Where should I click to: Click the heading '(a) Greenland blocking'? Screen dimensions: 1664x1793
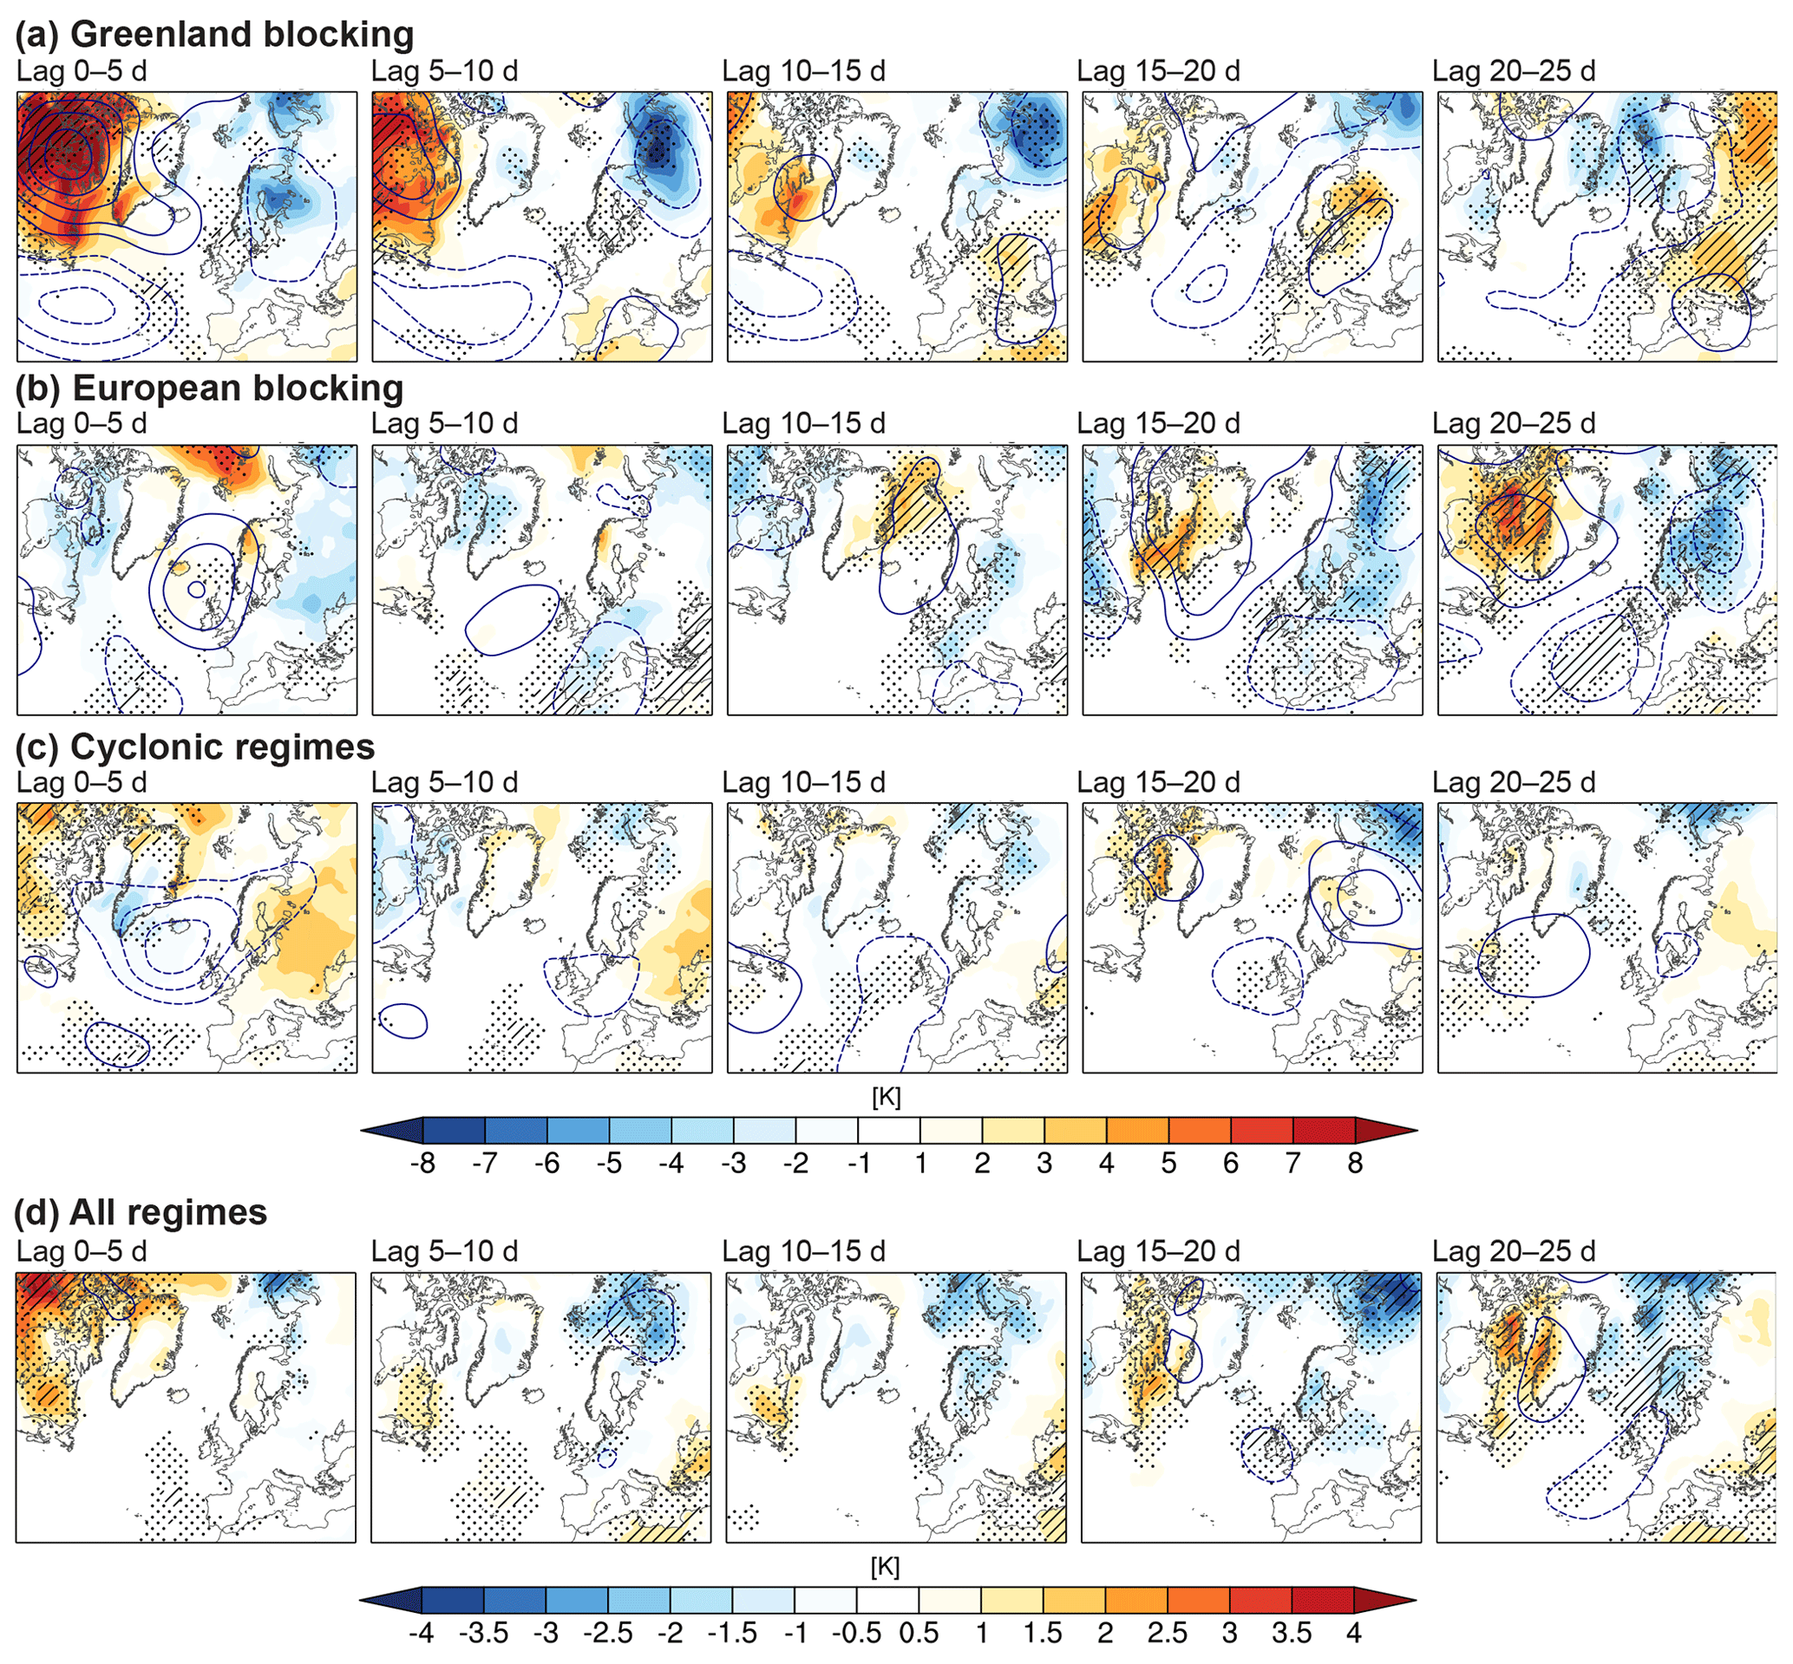pos(214,34)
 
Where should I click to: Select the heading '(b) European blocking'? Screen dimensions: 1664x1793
pos(210,388)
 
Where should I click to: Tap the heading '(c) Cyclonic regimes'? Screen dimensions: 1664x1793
pos(195,747)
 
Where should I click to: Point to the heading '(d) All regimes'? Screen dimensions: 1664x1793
pos(141,1212)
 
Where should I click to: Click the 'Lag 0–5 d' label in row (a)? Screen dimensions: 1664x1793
pos(82,71)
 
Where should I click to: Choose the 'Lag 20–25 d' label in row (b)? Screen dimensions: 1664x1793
pos(1514,423)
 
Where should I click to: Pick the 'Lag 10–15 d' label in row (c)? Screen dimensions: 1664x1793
pos(804,781)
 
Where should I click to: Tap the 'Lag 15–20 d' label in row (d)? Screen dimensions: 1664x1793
pos(1158,1250)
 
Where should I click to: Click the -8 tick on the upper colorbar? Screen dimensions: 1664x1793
pos(422,1164)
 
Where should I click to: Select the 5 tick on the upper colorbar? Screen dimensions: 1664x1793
pos(1169,1164)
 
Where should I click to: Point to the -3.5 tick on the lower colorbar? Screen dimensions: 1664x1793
pos(483,1634)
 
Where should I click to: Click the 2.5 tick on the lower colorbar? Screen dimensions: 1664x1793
pos(1167,1634)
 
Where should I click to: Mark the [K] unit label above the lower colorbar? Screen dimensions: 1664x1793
pos(887,1567)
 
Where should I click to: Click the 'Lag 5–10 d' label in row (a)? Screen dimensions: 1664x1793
pos(445,71)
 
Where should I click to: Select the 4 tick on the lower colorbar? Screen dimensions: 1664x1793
pos(1353,1634)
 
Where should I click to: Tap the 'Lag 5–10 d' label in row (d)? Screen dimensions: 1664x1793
pos(445,1250)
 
